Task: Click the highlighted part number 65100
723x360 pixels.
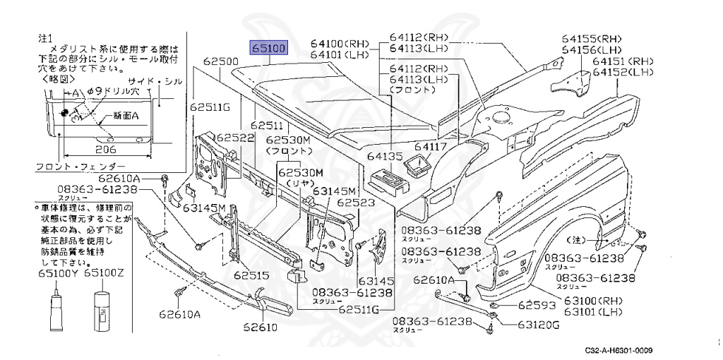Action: point(268,49)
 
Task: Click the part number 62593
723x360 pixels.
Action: point(538,306)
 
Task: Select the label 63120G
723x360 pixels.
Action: point(536,325)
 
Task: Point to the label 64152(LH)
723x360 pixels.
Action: point(623,72)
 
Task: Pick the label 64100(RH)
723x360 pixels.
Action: point(341,43)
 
